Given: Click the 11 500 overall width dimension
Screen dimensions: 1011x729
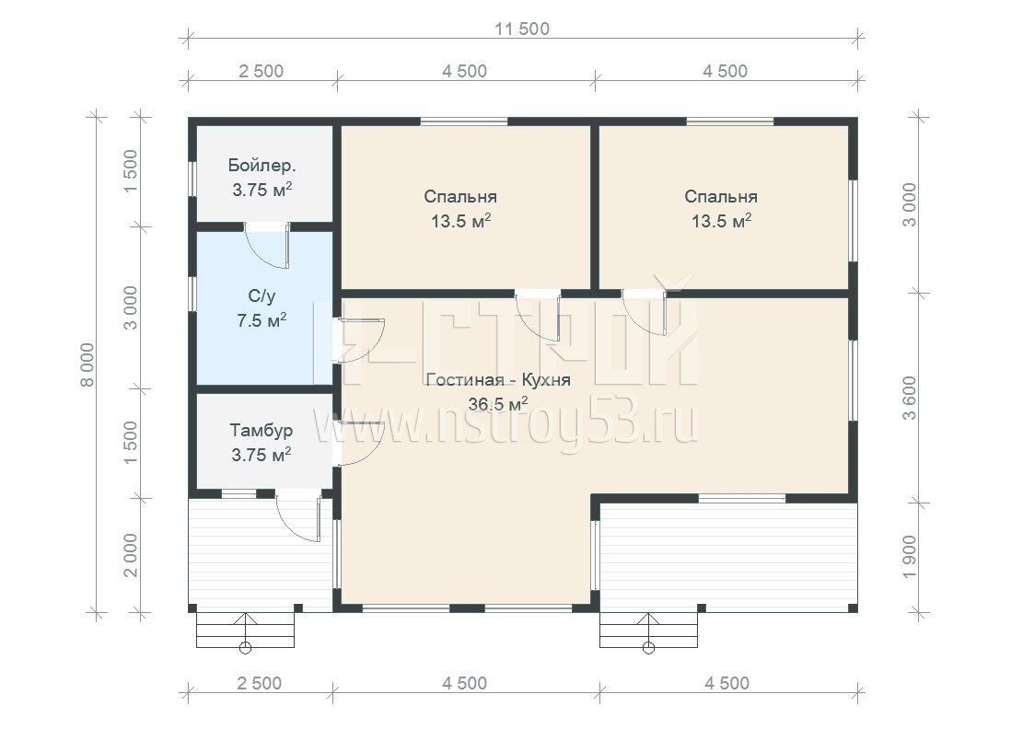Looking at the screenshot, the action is (522, 29).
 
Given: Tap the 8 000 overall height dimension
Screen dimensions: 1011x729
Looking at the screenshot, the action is (87, 364).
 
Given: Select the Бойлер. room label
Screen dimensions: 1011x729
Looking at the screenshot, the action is (261, 166).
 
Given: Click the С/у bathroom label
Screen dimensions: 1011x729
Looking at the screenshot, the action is (261, 295).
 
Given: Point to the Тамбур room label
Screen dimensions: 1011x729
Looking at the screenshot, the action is (261, 430).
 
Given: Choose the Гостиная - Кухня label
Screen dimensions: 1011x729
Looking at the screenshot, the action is (498, 379).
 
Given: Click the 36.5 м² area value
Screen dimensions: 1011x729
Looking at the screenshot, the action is (498, 404).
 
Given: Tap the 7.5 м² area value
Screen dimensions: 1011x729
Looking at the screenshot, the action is (261, 320).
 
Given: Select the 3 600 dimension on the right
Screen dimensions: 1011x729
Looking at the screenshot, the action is (909, 398).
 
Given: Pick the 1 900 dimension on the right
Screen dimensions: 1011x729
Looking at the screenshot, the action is (909, 556).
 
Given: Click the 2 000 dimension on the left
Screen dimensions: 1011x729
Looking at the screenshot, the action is (130, 555).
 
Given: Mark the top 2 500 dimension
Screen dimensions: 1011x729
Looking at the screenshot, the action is (261, 71).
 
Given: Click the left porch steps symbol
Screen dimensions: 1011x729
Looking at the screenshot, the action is (245, 631).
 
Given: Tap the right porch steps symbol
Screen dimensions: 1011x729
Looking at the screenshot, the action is (648, 631).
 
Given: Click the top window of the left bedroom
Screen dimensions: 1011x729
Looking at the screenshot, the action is (463, 121).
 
